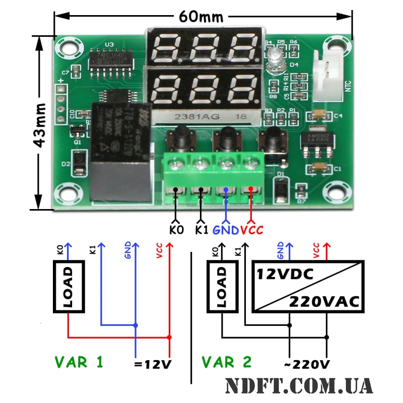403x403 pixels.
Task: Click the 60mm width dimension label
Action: pos(201,17)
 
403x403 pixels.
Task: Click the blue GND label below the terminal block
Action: pos(226,230)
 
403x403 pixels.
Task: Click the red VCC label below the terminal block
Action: pos(252,230)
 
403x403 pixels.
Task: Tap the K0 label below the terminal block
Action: pos(176,230)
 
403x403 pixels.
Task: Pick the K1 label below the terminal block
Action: pos(201,230)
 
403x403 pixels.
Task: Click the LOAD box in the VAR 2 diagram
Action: pos(222,286)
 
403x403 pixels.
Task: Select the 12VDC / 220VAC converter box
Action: pos(308,286)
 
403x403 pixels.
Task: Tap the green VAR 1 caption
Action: pos(79,362)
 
